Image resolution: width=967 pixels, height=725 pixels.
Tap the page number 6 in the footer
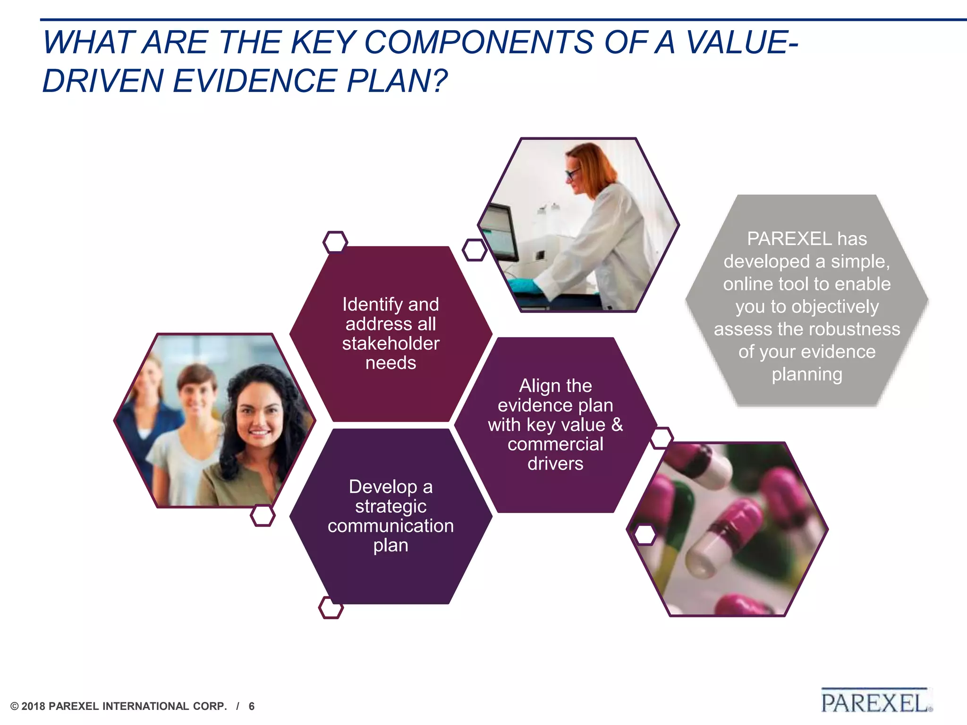(252, 706)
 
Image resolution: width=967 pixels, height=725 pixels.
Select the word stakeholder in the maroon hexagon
(390, 344)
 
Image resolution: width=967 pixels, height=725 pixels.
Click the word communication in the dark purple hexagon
(390, 526)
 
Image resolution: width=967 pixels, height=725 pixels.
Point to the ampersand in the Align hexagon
(617, 425)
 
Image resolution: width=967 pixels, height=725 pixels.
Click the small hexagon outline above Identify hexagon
(335, 242)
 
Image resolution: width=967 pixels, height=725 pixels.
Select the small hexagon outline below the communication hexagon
(331, 607)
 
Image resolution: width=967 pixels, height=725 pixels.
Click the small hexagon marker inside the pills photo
(645, 535)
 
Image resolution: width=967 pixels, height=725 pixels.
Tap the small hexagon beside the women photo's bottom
(263, 515)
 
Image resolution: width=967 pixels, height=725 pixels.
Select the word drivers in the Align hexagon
(555, 464)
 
